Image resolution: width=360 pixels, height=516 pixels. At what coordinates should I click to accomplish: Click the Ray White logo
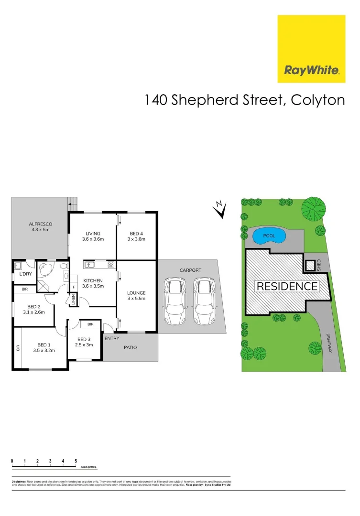[x=311, y=49]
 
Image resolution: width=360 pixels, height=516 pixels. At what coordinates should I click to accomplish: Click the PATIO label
[x=131, y=347]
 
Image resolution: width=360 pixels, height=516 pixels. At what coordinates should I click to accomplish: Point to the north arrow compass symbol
[x=220, y=210]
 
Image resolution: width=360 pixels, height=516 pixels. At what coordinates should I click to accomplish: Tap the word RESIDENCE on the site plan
[x=287, y=286]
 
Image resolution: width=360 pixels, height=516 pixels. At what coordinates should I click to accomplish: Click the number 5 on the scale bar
[x=76, y=461]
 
